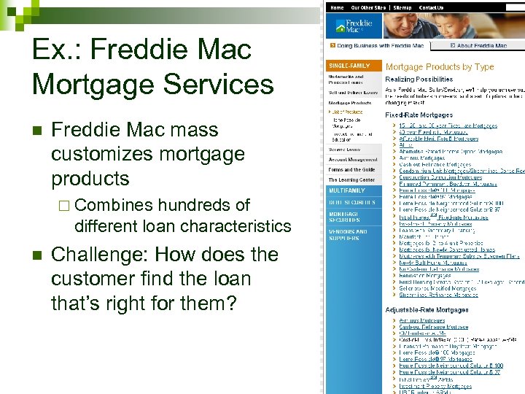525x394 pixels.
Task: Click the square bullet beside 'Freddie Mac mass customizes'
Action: click(36, 131)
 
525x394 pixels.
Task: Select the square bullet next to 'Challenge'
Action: click(36, 256)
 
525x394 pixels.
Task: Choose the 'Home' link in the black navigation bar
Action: click(338, 7)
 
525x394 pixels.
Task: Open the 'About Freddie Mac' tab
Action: click(481, 45)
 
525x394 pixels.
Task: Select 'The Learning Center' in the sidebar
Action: click(351, 179)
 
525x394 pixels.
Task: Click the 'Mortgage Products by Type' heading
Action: click(440, 66)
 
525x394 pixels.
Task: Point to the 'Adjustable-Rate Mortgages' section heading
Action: click(427, 310)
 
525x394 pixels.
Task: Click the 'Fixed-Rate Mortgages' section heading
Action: click(419, 115)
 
